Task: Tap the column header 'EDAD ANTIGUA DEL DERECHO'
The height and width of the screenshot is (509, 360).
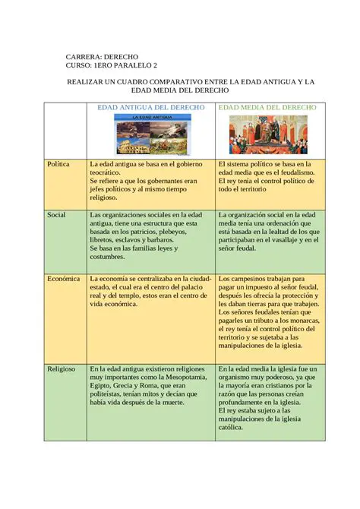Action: (x=150, y=108)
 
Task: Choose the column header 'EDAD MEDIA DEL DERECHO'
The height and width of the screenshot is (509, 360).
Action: (x=267, y=108)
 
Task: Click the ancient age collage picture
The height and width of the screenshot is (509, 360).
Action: (x=150, y=134)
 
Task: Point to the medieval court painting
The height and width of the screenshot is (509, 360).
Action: (x=267, y=134)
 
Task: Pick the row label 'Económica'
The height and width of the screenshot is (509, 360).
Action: (x=64, y=279)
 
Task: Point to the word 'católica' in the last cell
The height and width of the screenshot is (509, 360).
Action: (x=233, y=428)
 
